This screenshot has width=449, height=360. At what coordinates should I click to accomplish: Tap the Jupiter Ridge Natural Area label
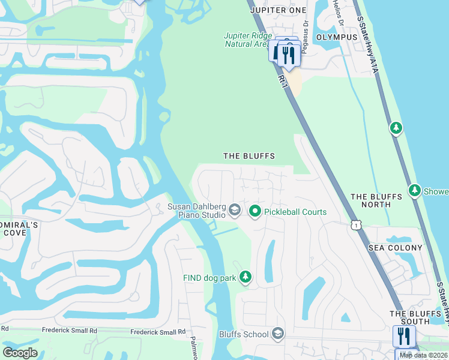(246, 40)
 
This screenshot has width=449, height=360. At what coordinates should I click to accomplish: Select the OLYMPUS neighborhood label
(337, 37)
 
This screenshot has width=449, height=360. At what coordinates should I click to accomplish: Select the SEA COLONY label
(396, 248)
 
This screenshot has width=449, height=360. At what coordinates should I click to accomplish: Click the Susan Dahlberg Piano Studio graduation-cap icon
(235, 211)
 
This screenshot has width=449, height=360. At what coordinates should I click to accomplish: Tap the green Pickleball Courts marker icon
(255, 211)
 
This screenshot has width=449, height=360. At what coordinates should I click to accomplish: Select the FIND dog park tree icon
(245, 277)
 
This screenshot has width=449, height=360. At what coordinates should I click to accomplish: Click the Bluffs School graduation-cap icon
(277, 333)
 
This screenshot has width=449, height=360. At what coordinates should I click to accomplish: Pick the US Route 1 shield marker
(357, 224)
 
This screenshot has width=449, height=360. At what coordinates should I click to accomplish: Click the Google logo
(20, 353)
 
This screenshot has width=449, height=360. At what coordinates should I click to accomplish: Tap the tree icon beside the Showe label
(414, 190)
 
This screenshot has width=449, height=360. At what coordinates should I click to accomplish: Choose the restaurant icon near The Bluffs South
(403, 336)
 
